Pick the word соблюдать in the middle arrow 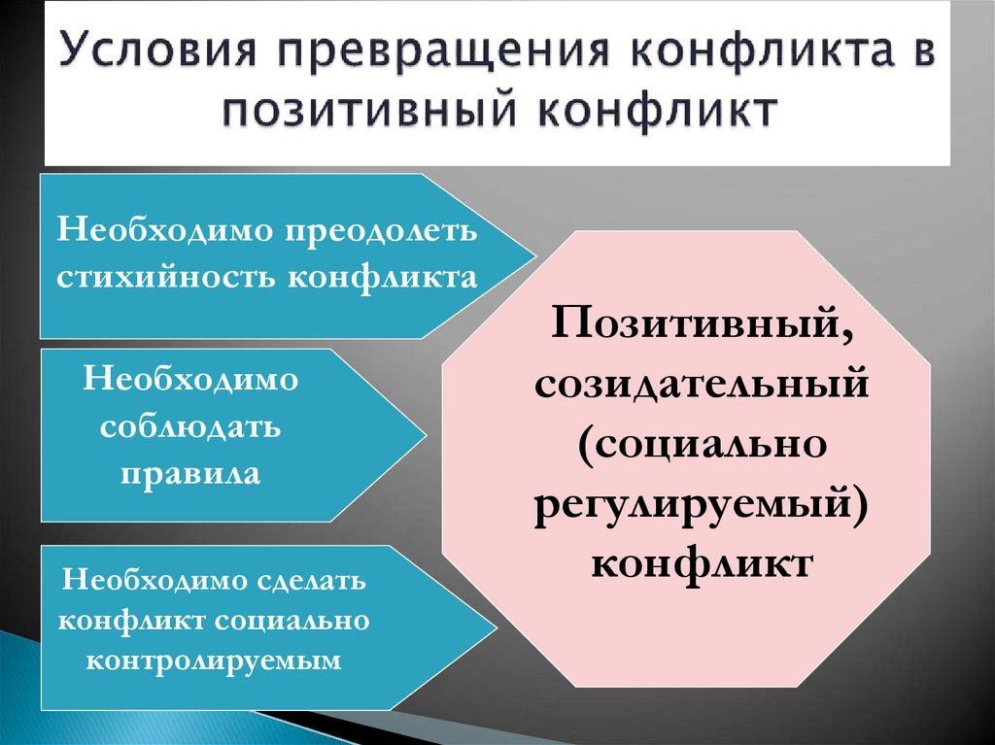(190, 427)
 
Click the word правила (190, 474)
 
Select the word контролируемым (215, 660)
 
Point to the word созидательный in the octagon (700, 385)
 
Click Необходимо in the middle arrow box (190, 380)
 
